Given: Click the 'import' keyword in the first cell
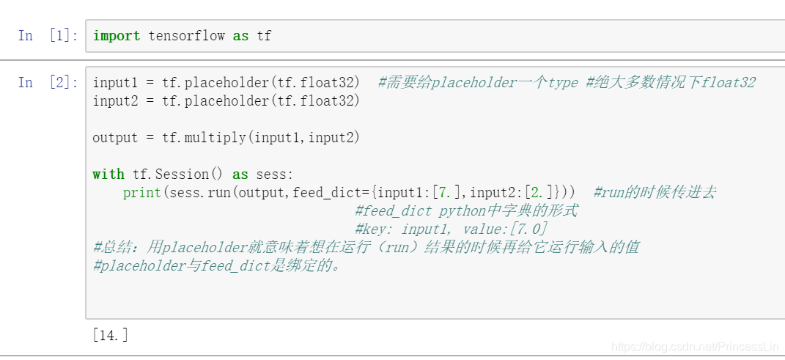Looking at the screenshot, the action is click(x=116, y=35).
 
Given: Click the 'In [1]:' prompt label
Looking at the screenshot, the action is click(x=48, y=35).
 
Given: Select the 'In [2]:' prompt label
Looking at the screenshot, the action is click(x=48, y=82).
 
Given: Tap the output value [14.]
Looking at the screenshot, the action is click(x=110, y=335).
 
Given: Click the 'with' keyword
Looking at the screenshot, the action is click(x=108, y=174).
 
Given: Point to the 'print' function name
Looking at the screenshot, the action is click(x=141, y=192).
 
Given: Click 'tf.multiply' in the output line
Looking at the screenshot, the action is click(x=196, y=137).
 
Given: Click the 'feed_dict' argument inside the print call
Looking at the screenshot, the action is click(x=331, y=192).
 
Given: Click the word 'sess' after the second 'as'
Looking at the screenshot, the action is click(x=272, y=174).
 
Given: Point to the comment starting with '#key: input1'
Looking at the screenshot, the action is click(x=450, y=229).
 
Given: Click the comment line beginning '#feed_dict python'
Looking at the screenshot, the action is click(x=465, y=210).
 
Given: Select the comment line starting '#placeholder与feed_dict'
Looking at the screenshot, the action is click(x=217, y=265).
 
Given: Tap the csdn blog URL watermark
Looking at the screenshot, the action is click(x=696, y=346).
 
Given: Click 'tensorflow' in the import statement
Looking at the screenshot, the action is click(x=186, y=35).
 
